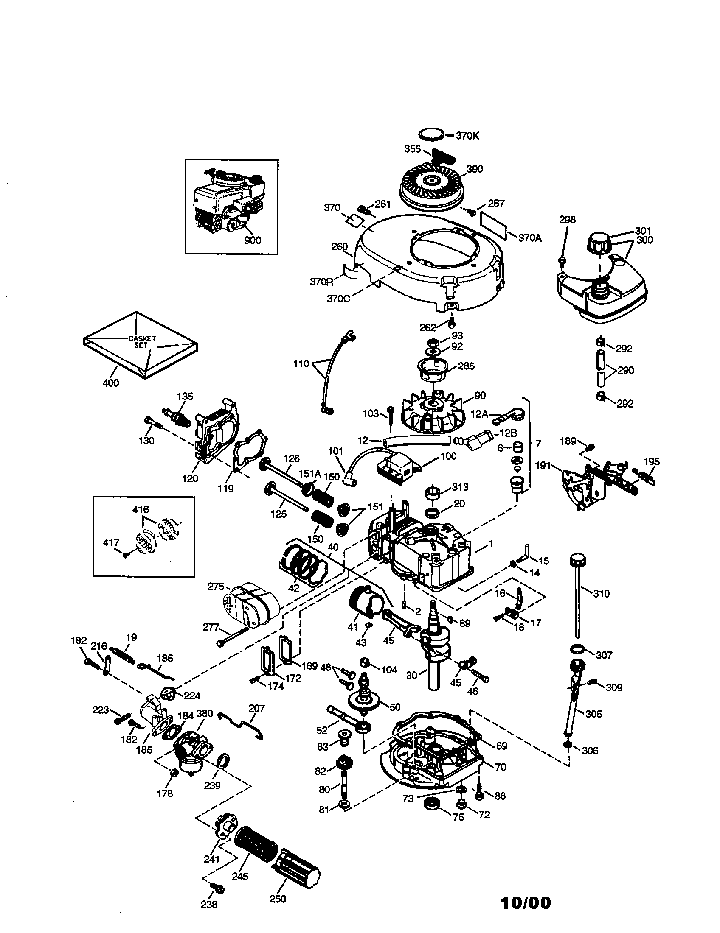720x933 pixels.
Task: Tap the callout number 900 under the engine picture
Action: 252,240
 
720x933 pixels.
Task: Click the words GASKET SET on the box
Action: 142,342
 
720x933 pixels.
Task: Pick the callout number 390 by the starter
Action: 474,169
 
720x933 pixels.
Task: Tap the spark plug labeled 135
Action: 176,416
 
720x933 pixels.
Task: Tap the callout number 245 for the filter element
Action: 240,876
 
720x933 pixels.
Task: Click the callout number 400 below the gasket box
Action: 110,383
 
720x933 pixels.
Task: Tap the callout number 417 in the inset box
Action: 111,542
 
